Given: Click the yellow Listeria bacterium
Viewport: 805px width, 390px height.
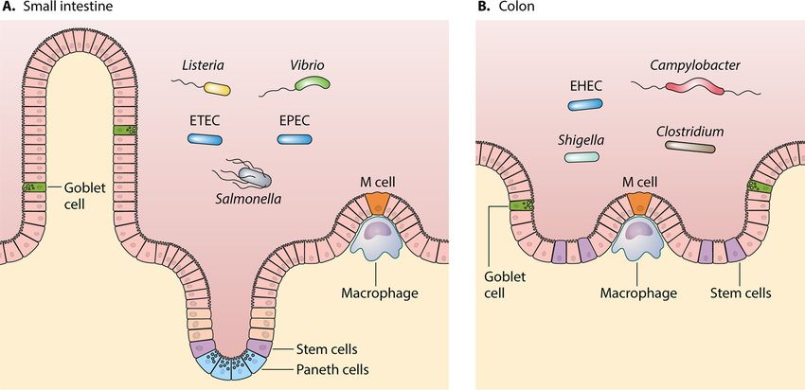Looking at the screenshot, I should point(217,89).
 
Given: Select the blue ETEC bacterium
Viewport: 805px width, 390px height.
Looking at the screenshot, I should point(204,139).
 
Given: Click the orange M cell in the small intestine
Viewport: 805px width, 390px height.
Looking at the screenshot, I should point(377,203).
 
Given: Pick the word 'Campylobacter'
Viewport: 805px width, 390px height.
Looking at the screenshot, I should point(695,65).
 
